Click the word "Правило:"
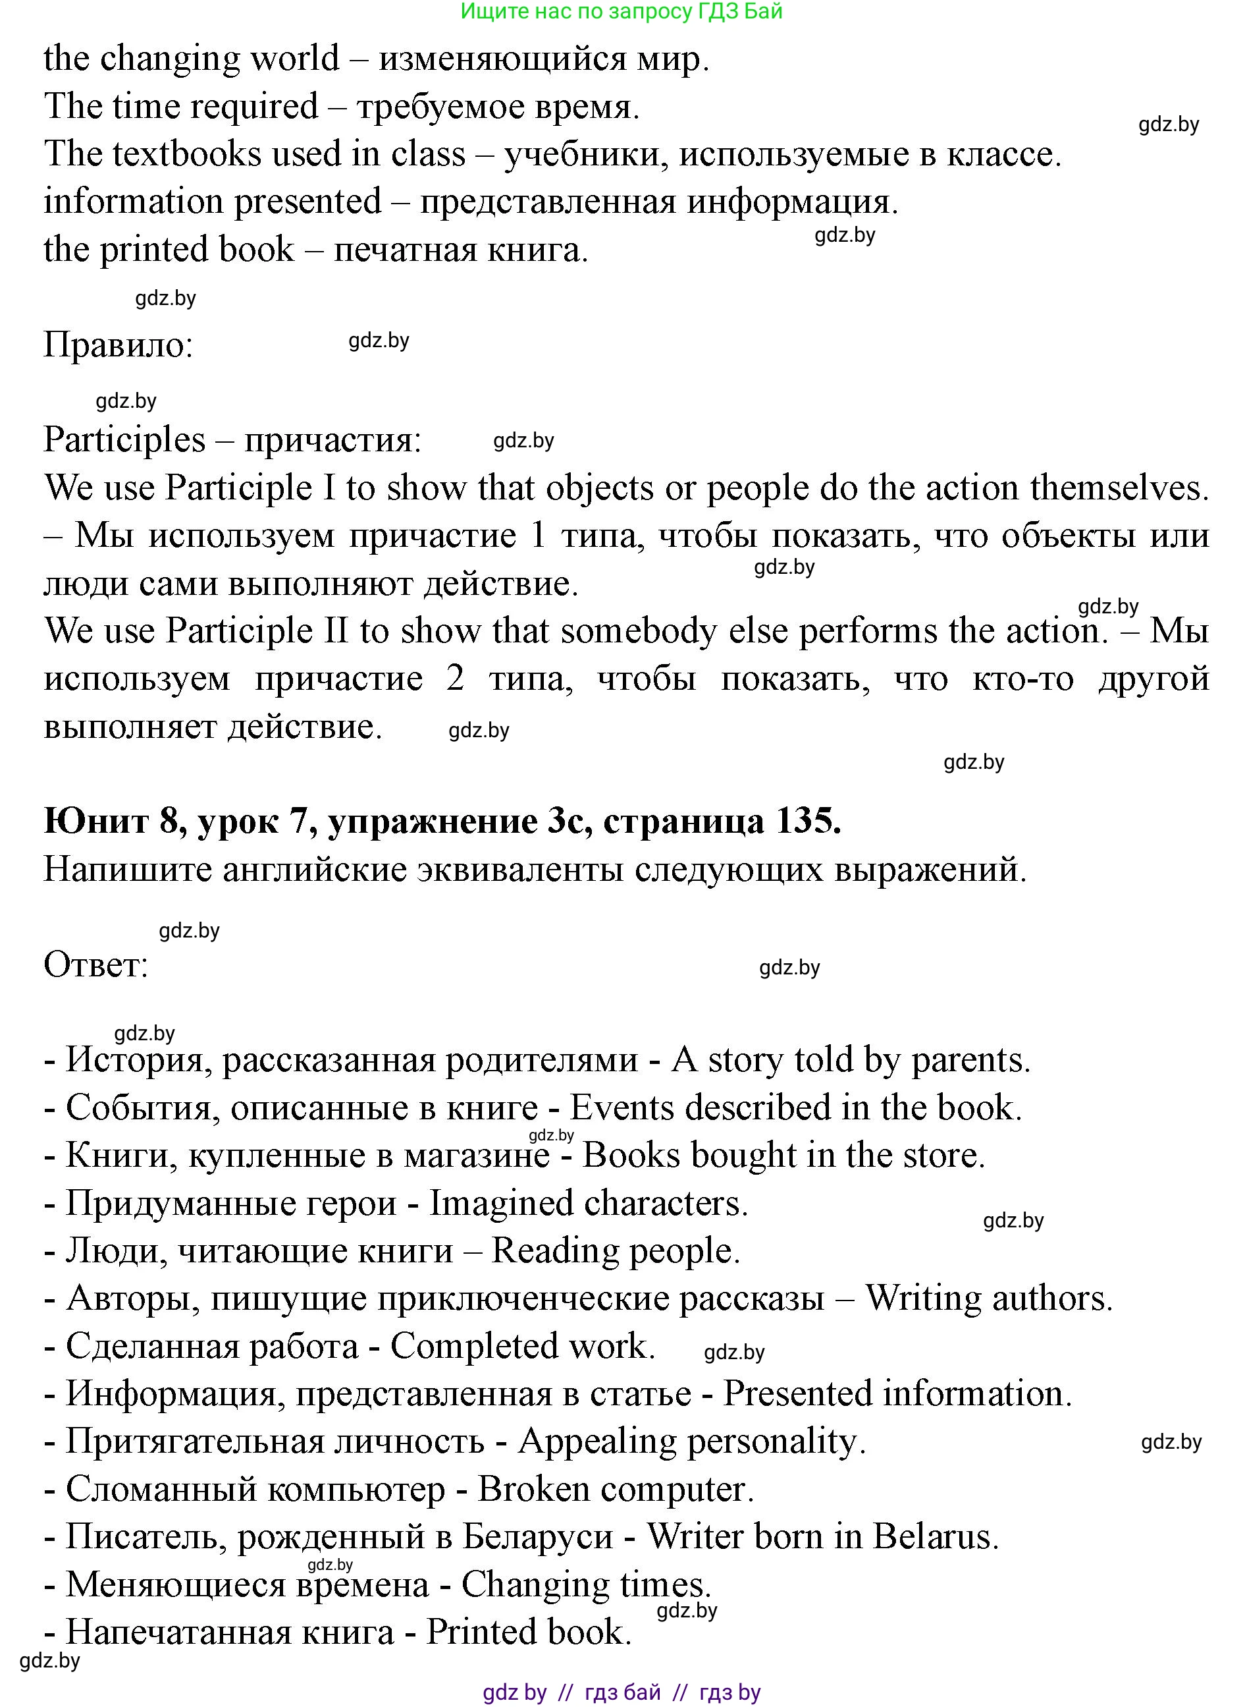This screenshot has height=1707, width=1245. click(x=119, y=345)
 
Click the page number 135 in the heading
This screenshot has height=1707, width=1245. click(x=807, y=821)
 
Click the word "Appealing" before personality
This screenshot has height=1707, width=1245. click(x=598, y=1441)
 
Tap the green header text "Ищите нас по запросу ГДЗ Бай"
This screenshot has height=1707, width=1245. click(x=621, y=11)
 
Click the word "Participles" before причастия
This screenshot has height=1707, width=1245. click(x=124, y=439)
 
